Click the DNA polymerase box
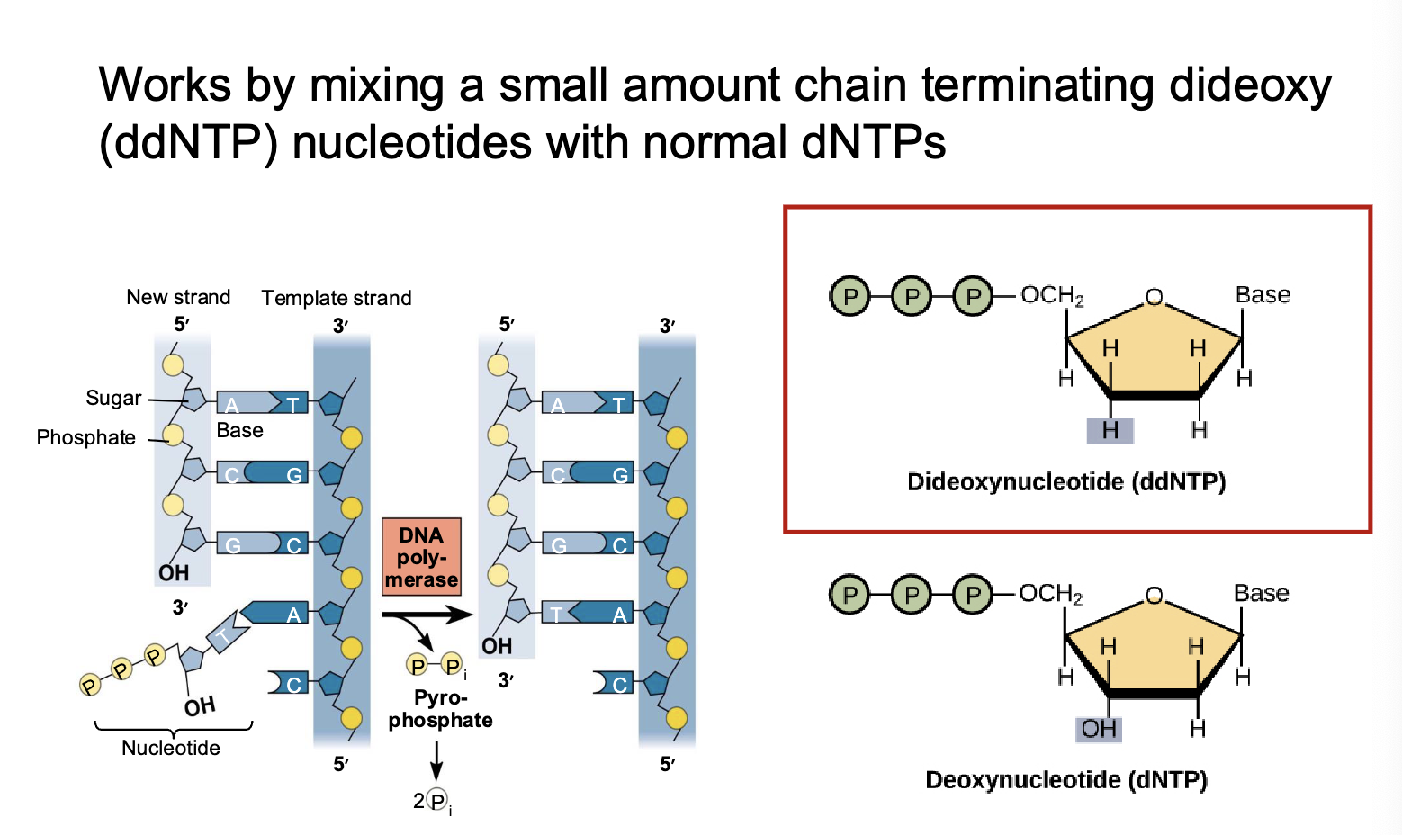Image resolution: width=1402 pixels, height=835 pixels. pyautogui.click(x=421, y=557)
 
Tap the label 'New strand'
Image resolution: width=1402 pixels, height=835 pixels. pyautogui.click(x=178, y=297)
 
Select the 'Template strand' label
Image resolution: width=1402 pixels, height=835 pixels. pyautogui.click(x=336, y=298)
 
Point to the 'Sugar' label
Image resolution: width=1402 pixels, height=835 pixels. pyautogui.click(x=113, y=398)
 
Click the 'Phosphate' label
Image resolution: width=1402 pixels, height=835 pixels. pyautogui.click(x=86, y=438)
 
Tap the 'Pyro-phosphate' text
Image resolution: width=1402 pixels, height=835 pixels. pyautogui.click(x=440, y=709)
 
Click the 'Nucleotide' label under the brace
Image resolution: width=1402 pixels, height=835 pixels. pyautogui.click(x=171, y=748)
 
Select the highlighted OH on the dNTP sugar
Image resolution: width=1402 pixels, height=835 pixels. pyautogui.click(x=1099, y=729)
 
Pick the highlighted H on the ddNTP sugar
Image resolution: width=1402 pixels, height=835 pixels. pyautogui.click(x=1110, y=431)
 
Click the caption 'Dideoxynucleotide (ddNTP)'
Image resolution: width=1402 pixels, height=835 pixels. pyautogui.click(x=1066, y=482)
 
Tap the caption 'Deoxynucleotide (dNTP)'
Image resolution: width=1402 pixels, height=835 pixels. pyautogui.click(x=1066, y=780)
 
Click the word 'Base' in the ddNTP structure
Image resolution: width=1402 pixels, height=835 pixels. pyautogui.click(x=1263, y=295)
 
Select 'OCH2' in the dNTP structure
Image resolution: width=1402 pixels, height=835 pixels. pyautogui.click(x=1051, y=594)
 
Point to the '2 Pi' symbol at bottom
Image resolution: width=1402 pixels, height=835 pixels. pyautogui.click(x=433, y=801)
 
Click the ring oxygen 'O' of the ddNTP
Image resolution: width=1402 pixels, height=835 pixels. pyautogui.click(x=1155, y=298)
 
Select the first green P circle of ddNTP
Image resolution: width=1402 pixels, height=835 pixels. pyautogui.click(x=849, y=296)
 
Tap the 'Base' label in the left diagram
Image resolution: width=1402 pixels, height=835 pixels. pyautogui.click(x=239, y=431)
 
